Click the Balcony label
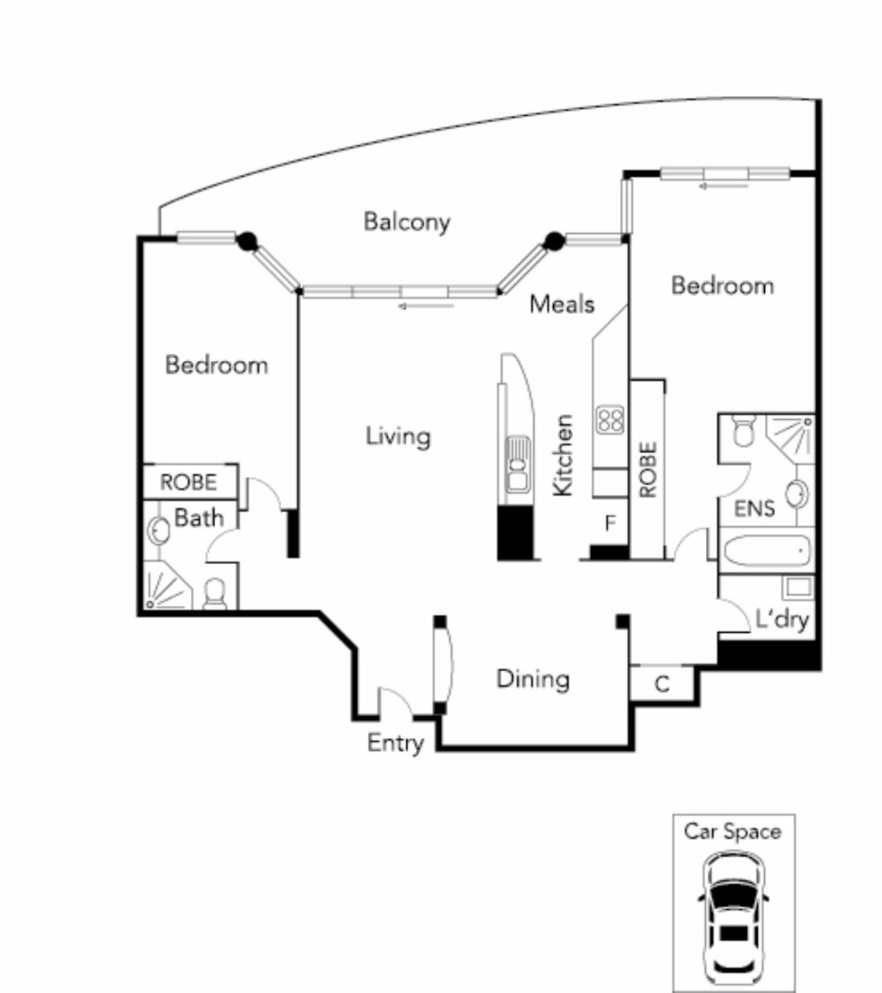[407, 223]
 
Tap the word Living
[398, 436]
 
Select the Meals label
[562, 304]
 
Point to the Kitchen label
[562, 455]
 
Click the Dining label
[533, 679]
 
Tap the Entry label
[396, 742]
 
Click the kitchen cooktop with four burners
[610, 420]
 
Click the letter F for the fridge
[610, 523]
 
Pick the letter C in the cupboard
[662, 684]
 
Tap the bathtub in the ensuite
[767, 550]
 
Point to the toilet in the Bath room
[214, 594]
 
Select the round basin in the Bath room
[158, 531]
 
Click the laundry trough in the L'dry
[797, 587]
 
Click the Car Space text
[733, 832]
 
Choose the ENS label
[754, 509]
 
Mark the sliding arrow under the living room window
[426, 306]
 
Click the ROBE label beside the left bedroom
[189, 482]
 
